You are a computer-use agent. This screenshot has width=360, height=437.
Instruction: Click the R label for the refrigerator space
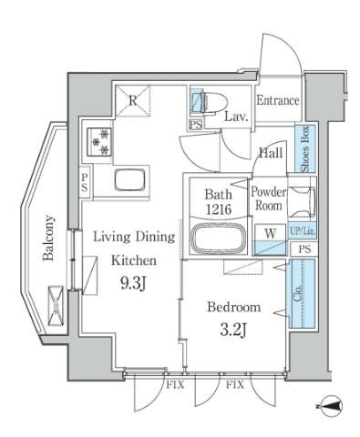tap(132, 102)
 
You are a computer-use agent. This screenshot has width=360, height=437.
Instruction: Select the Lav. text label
tap(237, 117)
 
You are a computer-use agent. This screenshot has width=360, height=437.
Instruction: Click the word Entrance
tap(276, 100)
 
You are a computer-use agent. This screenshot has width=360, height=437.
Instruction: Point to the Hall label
tap(269, 155)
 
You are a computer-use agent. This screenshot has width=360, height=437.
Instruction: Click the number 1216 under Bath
tap(219, 209)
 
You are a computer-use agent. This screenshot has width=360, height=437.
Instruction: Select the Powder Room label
tap(269, 198)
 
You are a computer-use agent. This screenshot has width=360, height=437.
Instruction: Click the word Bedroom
tap(233, 307)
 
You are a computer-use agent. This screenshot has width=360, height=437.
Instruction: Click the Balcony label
tap(49, 237)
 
